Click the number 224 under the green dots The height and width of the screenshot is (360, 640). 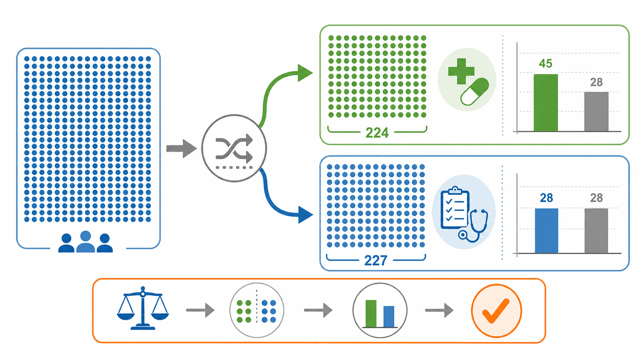[x=377, y=133]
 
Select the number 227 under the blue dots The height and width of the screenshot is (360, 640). [x=376, y=261]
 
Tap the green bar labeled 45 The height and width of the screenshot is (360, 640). [x=546, y=103]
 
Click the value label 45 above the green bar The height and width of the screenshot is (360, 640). [x=545, y=64]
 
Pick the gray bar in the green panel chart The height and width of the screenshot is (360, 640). [x=596, y=112]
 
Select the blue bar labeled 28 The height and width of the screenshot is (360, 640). [x=546, y=231]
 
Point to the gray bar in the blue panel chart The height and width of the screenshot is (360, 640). [x=596, y=231]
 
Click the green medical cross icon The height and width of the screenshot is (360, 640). [x=461, y=72]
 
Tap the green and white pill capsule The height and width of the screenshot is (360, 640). [x=475, y=91]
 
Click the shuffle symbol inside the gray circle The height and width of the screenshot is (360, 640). [x=234, y=148]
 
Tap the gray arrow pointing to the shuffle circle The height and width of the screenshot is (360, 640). [x=181, y=148]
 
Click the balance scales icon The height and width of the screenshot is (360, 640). [x=143, y=308]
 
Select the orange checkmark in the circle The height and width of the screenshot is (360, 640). [x=496, y=311]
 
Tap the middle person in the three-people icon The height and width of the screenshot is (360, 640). [x=85, y=242]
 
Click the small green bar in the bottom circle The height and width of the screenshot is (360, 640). [x=371, y=313]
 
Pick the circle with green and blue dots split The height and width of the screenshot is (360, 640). [x=257, y=310]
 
